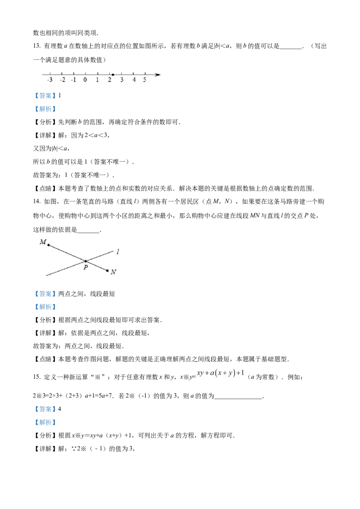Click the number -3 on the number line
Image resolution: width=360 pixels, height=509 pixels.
(x=49, y=80)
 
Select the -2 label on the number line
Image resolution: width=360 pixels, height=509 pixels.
(x=62, y=80)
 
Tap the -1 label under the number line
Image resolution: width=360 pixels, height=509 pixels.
(x=73, y=80)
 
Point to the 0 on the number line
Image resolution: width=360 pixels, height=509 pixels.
(x=85, y=80)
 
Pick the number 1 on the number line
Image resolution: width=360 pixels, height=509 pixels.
(x=97, y=80)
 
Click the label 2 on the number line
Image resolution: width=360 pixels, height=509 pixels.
(x=109, y=80)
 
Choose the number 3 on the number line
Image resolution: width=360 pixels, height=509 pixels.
(x=121, y=80)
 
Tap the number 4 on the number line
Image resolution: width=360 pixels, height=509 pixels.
(x=134, y=80)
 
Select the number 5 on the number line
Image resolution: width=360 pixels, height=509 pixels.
(x=144, y=80)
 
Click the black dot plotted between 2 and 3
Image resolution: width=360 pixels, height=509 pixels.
(x=112, y=75)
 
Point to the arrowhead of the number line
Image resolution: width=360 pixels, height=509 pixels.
(x=158, y=75)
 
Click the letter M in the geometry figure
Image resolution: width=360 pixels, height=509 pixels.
(x=43, y=242)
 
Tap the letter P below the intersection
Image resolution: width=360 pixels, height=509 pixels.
(x=85, y=267)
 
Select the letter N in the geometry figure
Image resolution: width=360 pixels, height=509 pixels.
(x=113, y=272)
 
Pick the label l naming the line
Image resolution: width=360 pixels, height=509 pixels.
(x=117, y=252)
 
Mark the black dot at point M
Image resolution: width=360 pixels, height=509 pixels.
(x=49, y=245)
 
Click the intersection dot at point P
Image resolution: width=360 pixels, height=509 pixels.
(x=85, y=261)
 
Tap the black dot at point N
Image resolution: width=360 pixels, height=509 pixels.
(x=107, y=271)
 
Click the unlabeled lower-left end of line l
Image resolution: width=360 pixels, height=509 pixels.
(x=46, y=274)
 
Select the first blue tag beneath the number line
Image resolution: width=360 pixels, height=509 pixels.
(x=45, y=96)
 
